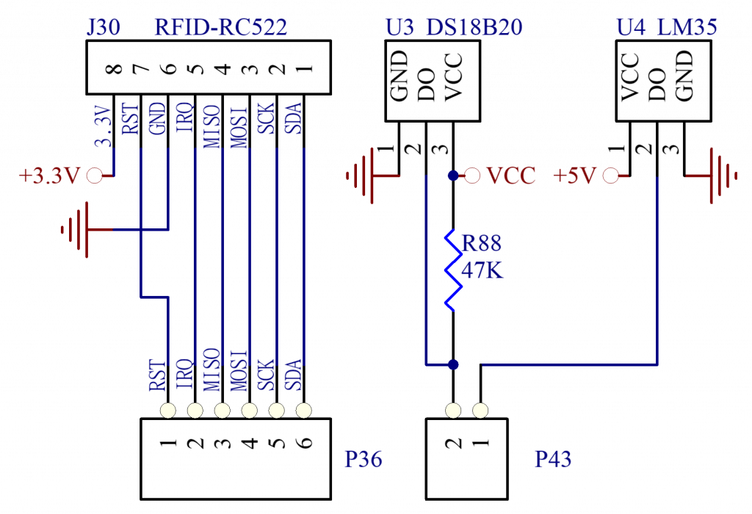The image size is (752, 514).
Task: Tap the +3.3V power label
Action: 50,176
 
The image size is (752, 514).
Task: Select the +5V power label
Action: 577,176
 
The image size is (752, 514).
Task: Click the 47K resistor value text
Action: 482,272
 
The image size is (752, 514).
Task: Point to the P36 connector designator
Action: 364,460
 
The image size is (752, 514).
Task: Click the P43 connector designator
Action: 553,460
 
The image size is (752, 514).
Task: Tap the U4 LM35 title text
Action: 667,28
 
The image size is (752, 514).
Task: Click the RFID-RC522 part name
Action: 220,28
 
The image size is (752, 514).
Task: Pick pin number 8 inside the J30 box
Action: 113,70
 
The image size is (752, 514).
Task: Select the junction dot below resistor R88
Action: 454,364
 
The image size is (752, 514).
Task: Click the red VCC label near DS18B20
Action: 511,176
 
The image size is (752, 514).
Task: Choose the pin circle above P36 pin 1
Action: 169,409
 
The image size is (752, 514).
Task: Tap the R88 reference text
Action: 482,243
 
